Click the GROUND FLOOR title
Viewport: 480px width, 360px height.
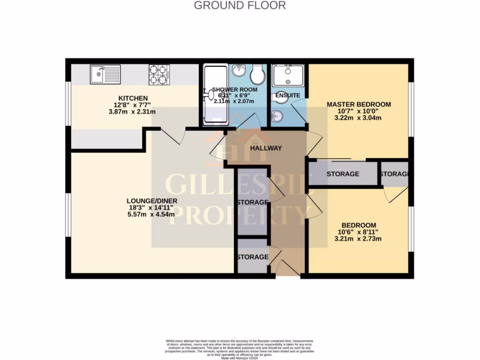[x=240, y=6]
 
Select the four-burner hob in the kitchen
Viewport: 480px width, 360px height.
[x=159, y=75]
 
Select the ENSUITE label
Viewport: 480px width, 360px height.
[x=287, y=96]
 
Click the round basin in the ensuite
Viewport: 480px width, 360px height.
[x=277, y=115]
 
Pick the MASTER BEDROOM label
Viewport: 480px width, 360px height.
[x=359, y=104]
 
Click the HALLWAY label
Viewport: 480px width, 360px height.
[x=266, y=148]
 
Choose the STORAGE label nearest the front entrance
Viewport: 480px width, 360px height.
[x=252, y=257]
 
